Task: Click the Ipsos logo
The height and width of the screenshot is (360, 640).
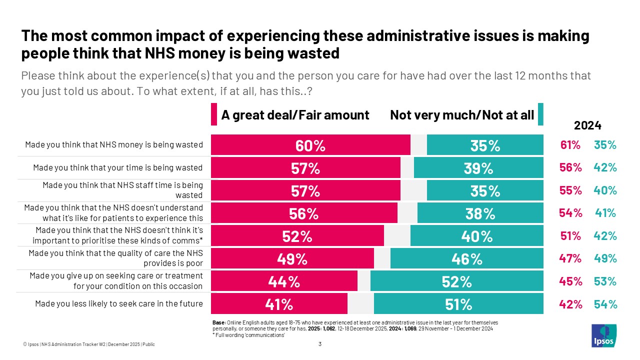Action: pyautogui.click(x=604, y=335)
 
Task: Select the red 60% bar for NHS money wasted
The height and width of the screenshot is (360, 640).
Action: pyautogui.click(x=310, y=145)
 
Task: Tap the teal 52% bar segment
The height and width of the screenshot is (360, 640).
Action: pyautogui.click(x=456, y=281)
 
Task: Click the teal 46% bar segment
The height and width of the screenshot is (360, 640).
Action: pyautogui.click(x=466, y=258)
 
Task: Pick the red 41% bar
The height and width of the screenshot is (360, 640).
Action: pyautogui.click(x=279, y=304)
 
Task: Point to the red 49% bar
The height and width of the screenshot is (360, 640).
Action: pyautogui.click(x=292, y=258)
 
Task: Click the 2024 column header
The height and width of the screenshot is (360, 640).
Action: pyautogui.click(x=587, y=125)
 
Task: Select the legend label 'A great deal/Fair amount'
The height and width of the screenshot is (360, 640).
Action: pyautogui.click(x=295, y=115)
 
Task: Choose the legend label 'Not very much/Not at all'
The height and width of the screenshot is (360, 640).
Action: pyautogui.click(x=462, y=115)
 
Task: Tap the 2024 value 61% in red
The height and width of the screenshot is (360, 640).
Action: pyautogui.click(x=570, y=145)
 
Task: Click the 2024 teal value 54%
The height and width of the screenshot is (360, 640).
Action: pyautogui.click(x=605, y=304)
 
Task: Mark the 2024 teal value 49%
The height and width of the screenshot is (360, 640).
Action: pyautogui.click(x=605, y=258)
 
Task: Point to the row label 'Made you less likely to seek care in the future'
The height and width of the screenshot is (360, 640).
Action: pyautogui.click(x=118, y=304)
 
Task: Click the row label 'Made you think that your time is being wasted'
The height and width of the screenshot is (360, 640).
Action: pyautogui.click(x=117, y=167)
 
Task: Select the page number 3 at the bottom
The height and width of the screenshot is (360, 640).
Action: pyautogui.click(x=320, y=344)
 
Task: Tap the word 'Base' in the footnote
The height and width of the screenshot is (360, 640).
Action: pyautogui.click(x=219, y=323)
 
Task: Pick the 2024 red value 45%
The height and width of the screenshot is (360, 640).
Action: pyautogui.click(x=570, y=281)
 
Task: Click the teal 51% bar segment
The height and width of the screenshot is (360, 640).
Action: pyautogui.click(x=458, y=304)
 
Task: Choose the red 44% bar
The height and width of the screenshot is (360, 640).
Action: pyautogui.click(x=284, y=281)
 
